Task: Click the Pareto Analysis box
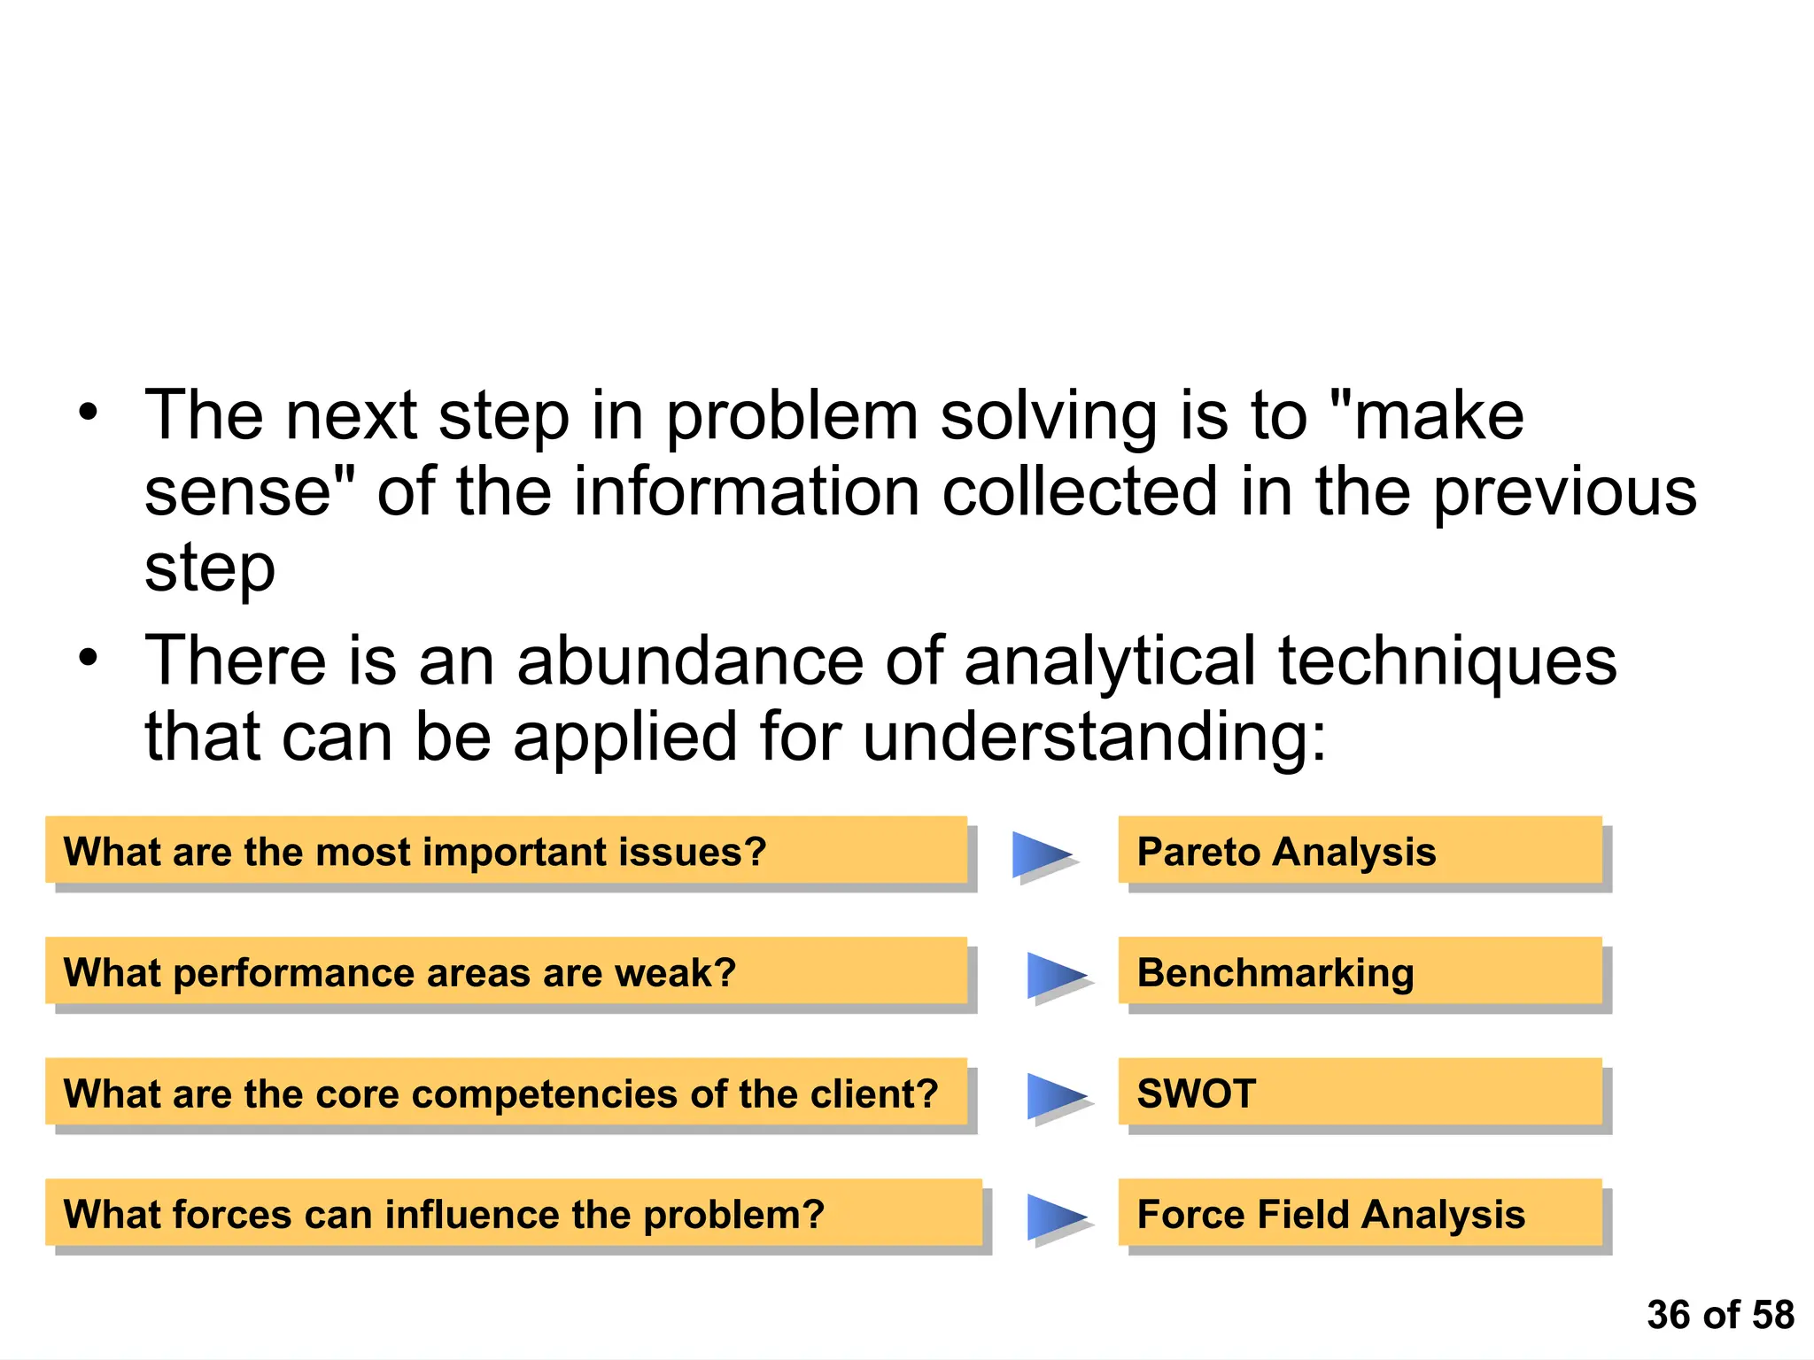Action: pyautogui.click(x=1360, y=851)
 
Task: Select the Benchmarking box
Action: pyautogui.click(x=1360, y=972)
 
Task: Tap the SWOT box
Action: pyautogui.click(x=1360, y=1093)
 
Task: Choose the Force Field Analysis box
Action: pyautogui.click(x=1360, y=1214)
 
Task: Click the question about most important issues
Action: pyautogui.click(x=506, y=851)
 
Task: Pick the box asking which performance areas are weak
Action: pyautogui.click(x=506, y=972)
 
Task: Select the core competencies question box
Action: pyautogui.click(x=506, y=1093)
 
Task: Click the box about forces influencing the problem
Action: pyautogui.click(x=513, y=1214)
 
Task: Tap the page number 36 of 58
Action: pyautogui.click(x=1719, y=1315)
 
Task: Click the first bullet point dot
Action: pyautogui.click(x=87, y=413)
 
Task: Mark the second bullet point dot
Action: pyautogui.click(x=87, y=658)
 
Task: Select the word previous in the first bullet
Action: pyautogui.click(x=1564, y=492)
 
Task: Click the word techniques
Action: pyautogui.click(x=1447, y=662)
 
